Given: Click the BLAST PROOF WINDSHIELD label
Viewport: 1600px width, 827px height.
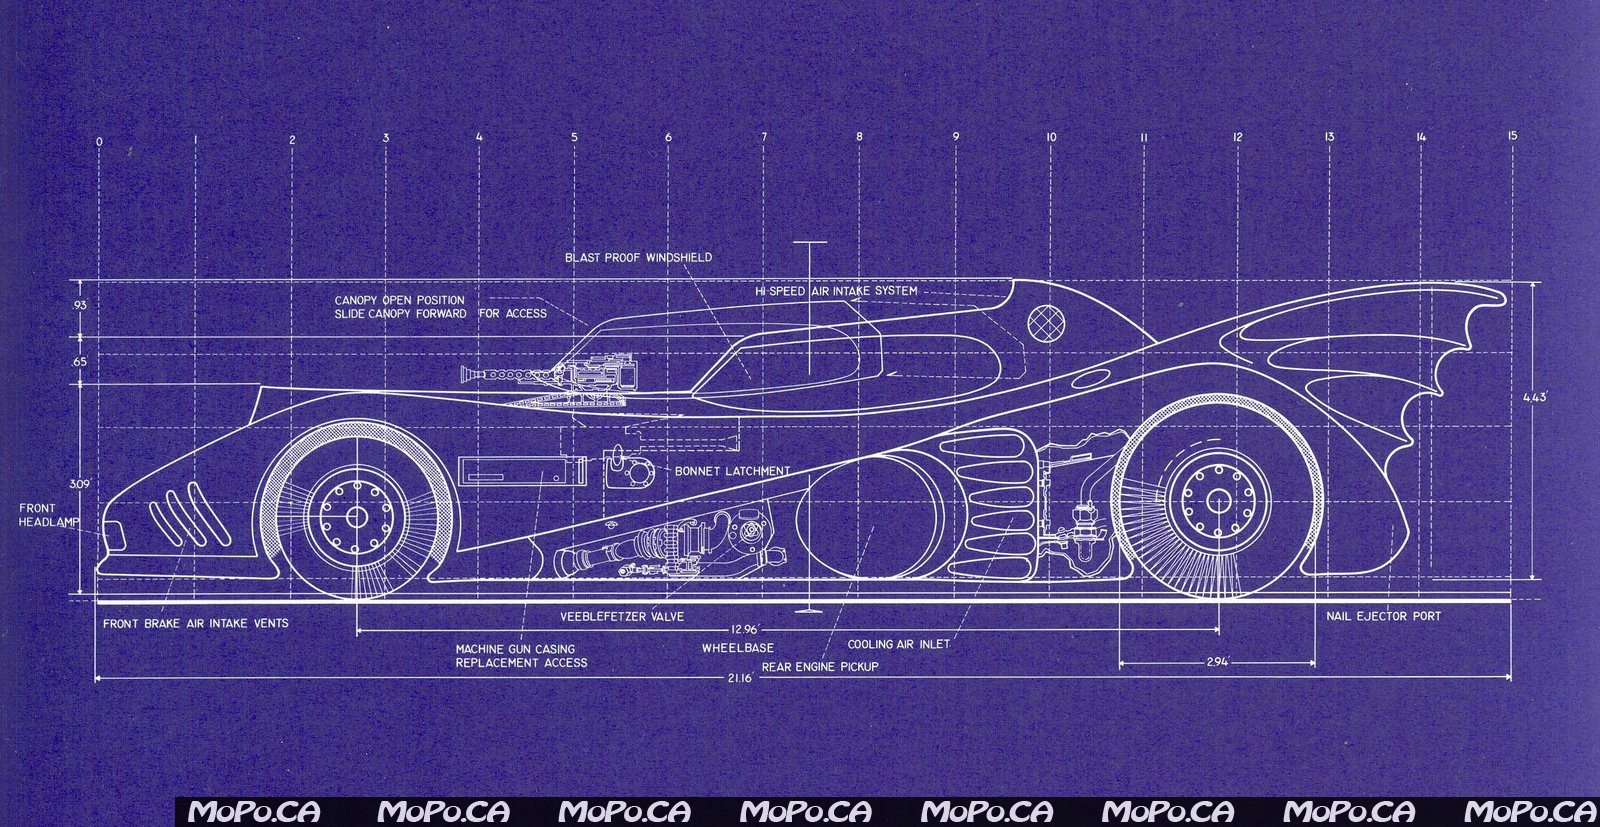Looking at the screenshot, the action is [639, 257].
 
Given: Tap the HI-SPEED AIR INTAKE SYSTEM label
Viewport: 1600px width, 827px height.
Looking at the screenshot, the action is [837, 291].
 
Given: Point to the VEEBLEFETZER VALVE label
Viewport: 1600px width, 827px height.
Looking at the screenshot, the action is [622, 616].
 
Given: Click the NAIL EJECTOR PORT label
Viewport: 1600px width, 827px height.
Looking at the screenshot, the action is [1384, 616].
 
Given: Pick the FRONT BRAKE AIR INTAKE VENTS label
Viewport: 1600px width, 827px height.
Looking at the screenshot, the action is [196, 623].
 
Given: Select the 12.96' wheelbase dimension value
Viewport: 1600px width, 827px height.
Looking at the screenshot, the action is [745, 629].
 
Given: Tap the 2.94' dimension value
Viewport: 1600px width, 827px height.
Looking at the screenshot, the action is [1217, 661].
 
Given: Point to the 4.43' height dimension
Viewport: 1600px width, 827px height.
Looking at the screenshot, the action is [1535, 397].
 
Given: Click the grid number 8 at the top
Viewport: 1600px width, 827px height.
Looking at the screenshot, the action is [858, 137].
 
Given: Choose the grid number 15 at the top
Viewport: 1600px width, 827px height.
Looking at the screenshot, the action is [1512, 135].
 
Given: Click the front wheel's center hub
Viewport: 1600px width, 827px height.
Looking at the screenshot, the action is [356, 516].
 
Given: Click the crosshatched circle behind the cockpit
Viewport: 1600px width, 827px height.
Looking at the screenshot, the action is [1045, 321].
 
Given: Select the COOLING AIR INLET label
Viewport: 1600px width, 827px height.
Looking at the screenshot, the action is [899, 645].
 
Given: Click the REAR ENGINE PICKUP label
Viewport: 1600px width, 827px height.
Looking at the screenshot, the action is [820, 666].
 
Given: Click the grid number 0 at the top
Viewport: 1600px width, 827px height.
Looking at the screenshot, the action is [99, 142].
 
